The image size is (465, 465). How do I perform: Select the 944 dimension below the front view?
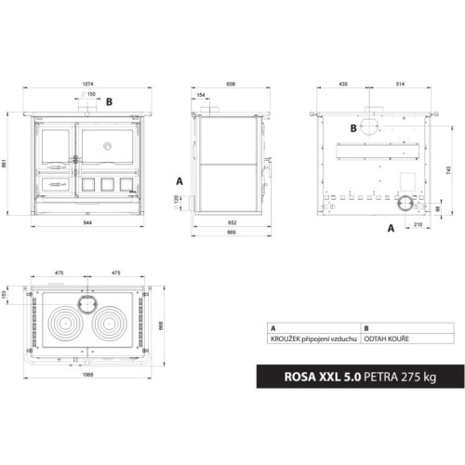pos(87,224)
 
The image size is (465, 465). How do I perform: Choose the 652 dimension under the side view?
pos(233,224)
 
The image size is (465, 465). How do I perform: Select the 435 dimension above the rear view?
pos(344,81)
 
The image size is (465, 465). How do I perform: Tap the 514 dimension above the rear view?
pos(399,81)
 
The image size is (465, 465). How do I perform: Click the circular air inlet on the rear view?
pos(406,203)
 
